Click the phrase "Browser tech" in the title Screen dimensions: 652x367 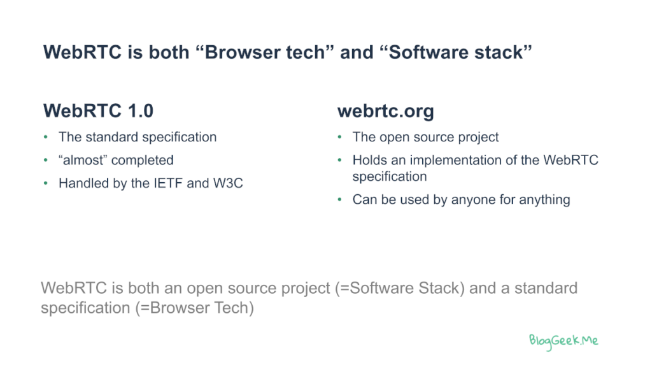tap(265, 52)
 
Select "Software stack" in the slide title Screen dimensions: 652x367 tap(456, 52)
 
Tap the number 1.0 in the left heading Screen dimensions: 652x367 tap(141, 111)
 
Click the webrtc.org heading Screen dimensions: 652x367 tap(385, 112)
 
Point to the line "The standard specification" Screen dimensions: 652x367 tap(138, 137)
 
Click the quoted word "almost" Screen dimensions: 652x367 tap(83, 160)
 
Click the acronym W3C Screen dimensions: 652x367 tap(228, 183)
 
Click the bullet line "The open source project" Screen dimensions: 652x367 tap(425, 137)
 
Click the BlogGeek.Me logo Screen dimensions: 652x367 tap(563, 342)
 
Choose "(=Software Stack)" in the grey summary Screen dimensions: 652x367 tap(400, 289)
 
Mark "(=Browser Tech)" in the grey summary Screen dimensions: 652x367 tap(194, 308)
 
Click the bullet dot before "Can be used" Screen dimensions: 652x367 tap(340, 199)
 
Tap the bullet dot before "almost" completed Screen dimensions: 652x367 tap(46, 160)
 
